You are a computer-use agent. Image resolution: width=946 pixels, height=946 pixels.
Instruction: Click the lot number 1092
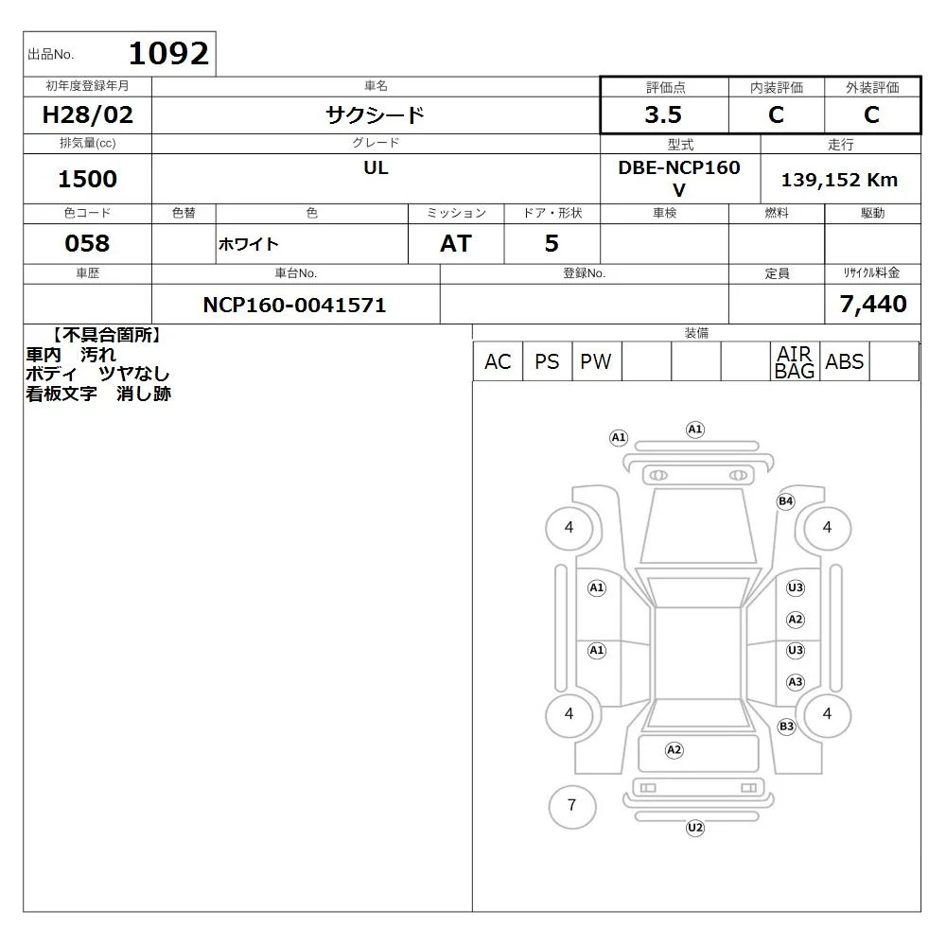tap(168, 53)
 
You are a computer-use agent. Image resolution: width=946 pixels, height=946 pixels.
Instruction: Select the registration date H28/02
tap(87, 114)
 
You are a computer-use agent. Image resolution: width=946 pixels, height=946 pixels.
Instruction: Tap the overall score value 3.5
tap(663, 114)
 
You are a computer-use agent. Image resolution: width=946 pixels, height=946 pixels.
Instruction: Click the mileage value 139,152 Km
tap(839, 180)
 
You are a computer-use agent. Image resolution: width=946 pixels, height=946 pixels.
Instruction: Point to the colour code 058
tap(87, 243)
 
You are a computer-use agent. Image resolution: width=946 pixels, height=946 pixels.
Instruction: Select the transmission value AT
tap(456, 243)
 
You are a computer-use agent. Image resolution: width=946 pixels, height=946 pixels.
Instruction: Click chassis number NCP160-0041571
tap(294, 305)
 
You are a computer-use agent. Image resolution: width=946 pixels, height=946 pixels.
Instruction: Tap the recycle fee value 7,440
tap(873, 304)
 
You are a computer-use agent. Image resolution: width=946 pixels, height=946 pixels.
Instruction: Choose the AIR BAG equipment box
tap(795, 361)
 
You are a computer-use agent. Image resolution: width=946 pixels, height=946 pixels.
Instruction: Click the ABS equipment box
tap(844, 361)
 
